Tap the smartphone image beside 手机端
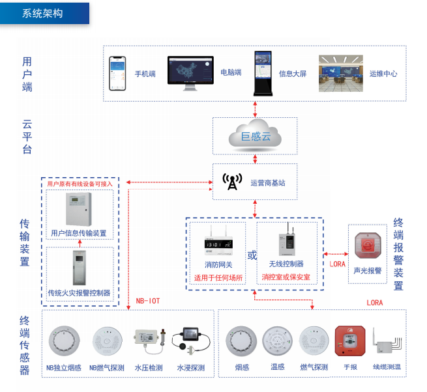(118, 73)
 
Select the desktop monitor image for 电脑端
(190, 73)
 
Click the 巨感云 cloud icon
(255, 136)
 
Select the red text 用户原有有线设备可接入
(80, 184)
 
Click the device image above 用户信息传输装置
(80, 210)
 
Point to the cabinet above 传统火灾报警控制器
(80, 268)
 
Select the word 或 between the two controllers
(252, 255)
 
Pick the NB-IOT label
(147, 301)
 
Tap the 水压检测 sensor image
(149, 337)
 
